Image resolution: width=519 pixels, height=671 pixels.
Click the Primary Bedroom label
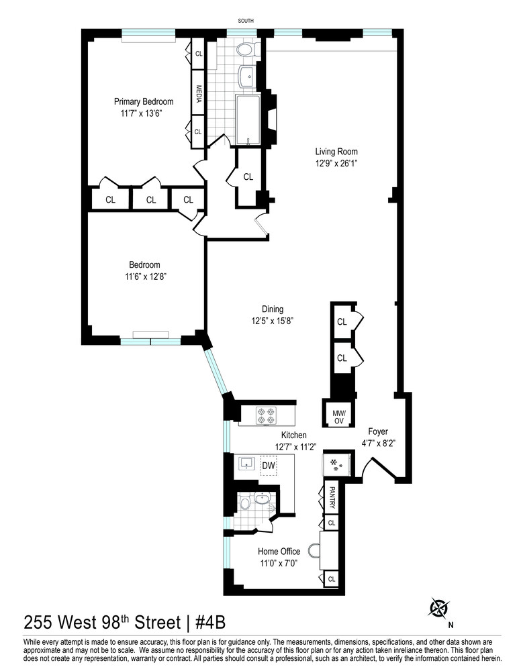143,101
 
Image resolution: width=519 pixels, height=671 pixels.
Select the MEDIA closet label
199,92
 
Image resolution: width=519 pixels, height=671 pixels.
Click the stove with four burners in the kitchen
267,415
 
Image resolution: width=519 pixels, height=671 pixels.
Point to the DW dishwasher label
268,465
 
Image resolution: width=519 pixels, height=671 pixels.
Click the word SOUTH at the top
246,21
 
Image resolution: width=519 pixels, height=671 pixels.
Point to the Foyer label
378,431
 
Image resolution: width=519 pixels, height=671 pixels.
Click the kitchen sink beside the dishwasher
245,464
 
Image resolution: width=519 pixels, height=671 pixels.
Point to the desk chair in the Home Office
314,550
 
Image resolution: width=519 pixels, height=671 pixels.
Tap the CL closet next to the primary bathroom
248,177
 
